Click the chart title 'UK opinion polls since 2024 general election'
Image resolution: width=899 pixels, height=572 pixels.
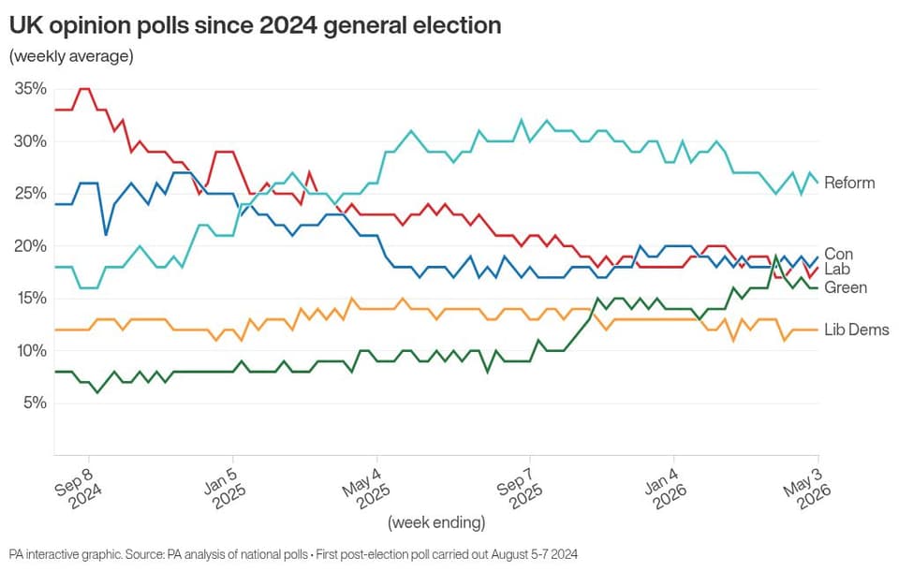255,25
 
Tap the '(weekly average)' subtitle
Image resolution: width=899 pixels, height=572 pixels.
71,56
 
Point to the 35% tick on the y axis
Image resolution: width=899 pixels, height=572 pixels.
30,89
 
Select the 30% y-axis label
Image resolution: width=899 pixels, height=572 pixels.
30,141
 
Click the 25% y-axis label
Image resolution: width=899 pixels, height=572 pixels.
30,194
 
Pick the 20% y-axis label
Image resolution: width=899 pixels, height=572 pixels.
30,246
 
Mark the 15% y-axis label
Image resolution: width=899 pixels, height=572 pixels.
30,298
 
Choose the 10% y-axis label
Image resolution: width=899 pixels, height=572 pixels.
30,351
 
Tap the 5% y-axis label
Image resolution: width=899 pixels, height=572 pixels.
35,403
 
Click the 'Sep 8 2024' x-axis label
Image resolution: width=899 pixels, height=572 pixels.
79,487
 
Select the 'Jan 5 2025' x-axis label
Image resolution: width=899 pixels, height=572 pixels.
225,487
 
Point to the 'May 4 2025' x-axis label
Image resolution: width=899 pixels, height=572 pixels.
367,487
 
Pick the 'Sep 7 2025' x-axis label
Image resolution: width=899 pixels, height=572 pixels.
521,487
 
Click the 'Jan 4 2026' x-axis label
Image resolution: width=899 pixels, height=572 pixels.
665,487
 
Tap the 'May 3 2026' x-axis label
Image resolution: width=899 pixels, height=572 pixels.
807,487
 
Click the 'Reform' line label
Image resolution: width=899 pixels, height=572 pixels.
849,183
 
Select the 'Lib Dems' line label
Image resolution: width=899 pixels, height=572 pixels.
857,330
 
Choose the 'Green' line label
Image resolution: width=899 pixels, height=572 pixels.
846,287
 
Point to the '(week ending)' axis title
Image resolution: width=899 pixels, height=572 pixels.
436,522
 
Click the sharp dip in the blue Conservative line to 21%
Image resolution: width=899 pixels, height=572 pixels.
106,235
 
